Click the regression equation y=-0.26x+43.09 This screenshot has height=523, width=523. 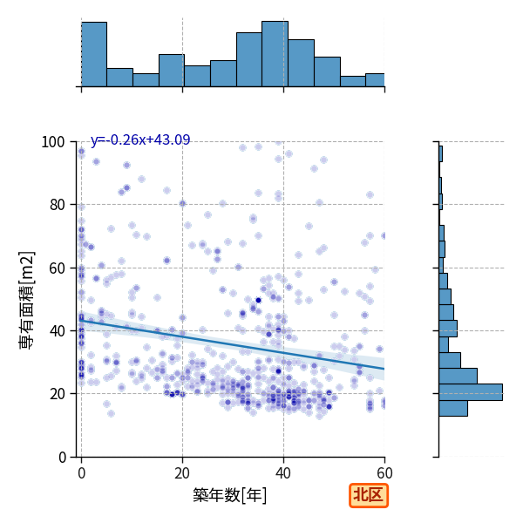pyautogui.click(x=140, y=139)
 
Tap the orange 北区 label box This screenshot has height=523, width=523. pyautogui.click(x=369, y=495)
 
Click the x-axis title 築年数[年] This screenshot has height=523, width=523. pyautogui.click(x=230, y=495)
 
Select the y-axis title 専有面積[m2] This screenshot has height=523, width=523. pyautogui.click(x=27, y=300)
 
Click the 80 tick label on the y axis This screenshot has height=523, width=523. pyautogui.click(x=57, y=205)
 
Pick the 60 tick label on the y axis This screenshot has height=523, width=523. pyautogui.click(x=57, y=268)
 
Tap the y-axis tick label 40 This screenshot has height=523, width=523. pyautogui.click(x=57, y=331)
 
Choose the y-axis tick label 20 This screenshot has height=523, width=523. pyautogui.click(x=57, y=394)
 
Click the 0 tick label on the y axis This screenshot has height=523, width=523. pyautogui.click(x=62, y=457)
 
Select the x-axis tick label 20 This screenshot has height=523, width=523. pyautogui.click(x=182, y=473)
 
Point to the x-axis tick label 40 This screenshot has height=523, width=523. pyautogui.click(x=283, y=473)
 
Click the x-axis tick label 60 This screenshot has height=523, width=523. pyautogui.click(x=384, y=473)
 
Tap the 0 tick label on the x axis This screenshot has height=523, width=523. pyautogui.click(x=81, y=473)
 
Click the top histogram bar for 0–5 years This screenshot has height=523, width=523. pyautogui.click(x=94, y=54)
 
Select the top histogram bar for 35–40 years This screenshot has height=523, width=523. pyautogui.click(x=275, y=54)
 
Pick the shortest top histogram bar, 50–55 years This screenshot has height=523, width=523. pyautogui.click(x=353, y=81)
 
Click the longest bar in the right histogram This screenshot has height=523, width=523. pyautogui.click(x=471, y=392)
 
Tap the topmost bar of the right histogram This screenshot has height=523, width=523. pyautogui.click(x=440, y=153)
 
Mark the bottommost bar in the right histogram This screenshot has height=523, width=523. pyautogui.click(x=453, y=408)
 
